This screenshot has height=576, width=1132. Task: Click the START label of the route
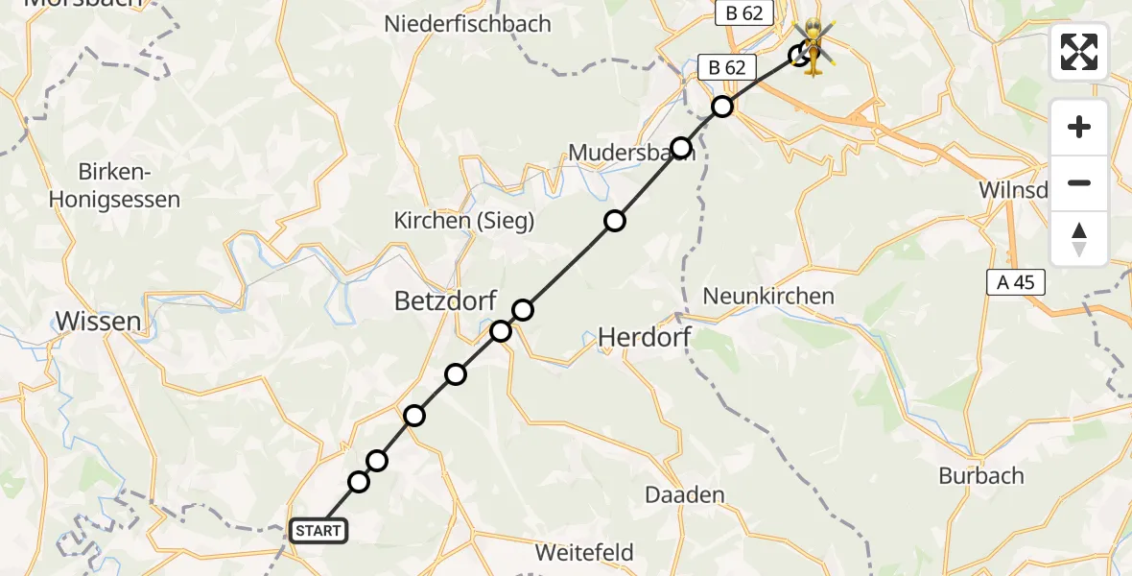pos(318,531)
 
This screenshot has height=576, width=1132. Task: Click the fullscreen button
pos(1079,52)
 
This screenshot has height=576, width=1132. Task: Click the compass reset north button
pos(1079,239)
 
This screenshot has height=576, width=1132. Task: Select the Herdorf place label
pos(645,337)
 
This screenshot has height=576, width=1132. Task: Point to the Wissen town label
pos(99,321)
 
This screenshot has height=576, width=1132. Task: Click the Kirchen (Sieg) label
pos(464,221)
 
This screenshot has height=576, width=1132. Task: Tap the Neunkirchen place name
pos(768,296)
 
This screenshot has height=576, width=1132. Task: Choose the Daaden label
pos(684,495)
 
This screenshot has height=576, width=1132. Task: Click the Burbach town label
pos(981,476)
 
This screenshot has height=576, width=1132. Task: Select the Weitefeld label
pos(584,553)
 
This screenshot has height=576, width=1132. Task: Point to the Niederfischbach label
pos(467,24)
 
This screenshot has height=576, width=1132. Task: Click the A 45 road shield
pos(1016,281)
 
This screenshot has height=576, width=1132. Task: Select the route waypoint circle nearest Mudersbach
pos(681,148)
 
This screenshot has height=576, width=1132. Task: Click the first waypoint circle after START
pos(359,482)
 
